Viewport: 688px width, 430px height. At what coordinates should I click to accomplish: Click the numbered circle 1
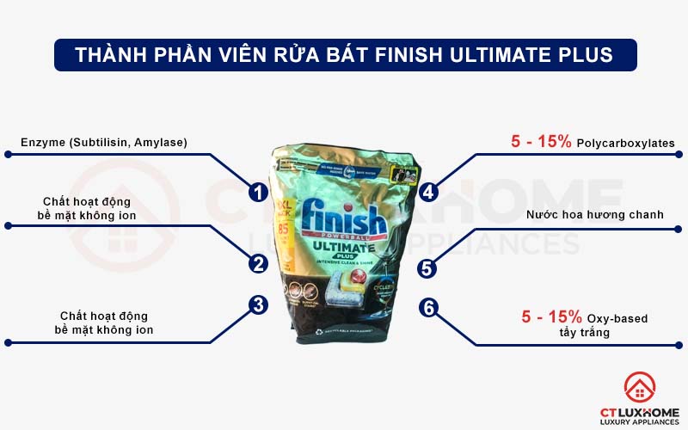tap(256, 193)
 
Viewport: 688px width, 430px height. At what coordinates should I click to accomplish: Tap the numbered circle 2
tap(256, 264)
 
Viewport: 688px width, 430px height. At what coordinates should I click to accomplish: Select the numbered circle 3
tap(256, 305)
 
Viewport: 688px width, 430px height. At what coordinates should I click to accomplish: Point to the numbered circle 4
tap(427, 193)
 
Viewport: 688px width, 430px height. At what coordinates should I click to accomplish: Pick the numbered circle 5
tap(427, 268)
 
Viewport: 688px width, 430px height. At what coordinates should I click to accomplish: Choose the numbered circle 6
tap(427, 307)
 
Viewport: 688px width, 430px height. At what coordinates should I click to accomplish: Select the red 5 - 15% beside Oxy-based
tap(552, 316)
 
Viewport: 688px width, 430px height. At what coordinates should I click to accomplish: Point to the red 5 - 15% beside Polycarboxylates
tap(541, 142)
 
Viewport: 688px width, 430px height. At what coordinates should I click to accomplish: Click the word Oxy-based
tap(619, 318)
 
